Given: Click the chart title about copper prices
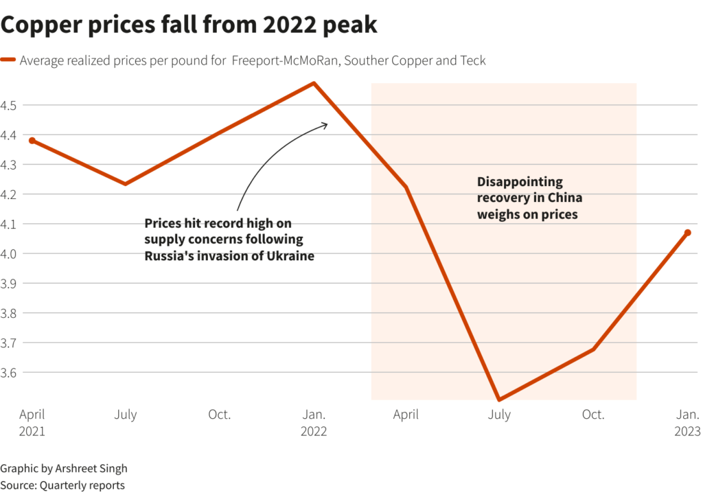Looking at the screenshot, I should coord(189,25).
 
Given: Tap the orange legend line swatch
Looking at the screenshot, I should coord(8,60).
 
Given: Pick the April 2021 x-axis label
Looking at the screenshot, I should coord(32,422).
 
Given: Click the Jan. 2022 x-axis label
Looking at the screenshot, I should coord(314,422).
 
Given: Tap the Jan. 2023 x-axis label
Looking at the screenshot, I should coord(687,422).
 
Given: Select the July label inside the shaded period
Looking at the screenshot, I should coord(499,415).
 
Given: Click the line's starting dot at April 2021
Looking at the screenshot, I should coord(32,141).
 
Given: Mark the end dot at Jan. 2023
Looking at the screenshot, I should coord(687,233).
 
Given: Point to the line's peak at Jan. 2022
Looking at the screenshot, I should coord(314,84).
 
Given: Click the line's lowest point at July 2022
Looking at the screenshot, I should coord(499,399).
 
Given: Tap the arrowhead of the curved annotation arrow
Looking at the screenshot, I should coord(326,124).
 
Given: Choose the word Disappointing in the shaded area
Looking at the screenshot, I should coord(520,182).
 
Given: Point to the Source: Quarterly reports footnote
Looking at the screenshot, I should coord(62,485).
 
